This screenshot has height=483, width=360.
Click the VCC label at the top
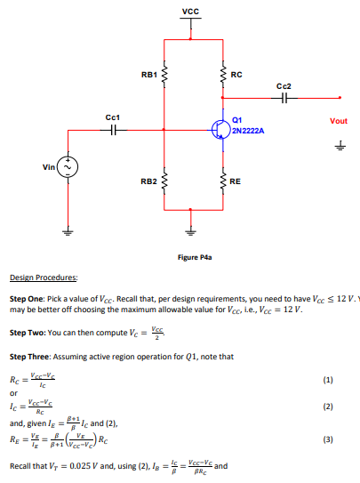[x=190, y=11]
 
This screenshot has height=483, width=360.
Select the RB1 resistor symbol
[x=164, y=74]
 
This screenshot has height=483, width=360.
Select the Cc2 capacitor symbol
[x=284, y=99]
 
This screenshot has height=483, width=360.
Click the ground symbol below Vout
[x=339, y=149]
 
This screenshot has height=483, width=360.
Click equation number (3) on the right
[x=328, y=439]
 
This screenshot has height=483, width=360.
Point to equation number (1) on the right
[x=328, y=378]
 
